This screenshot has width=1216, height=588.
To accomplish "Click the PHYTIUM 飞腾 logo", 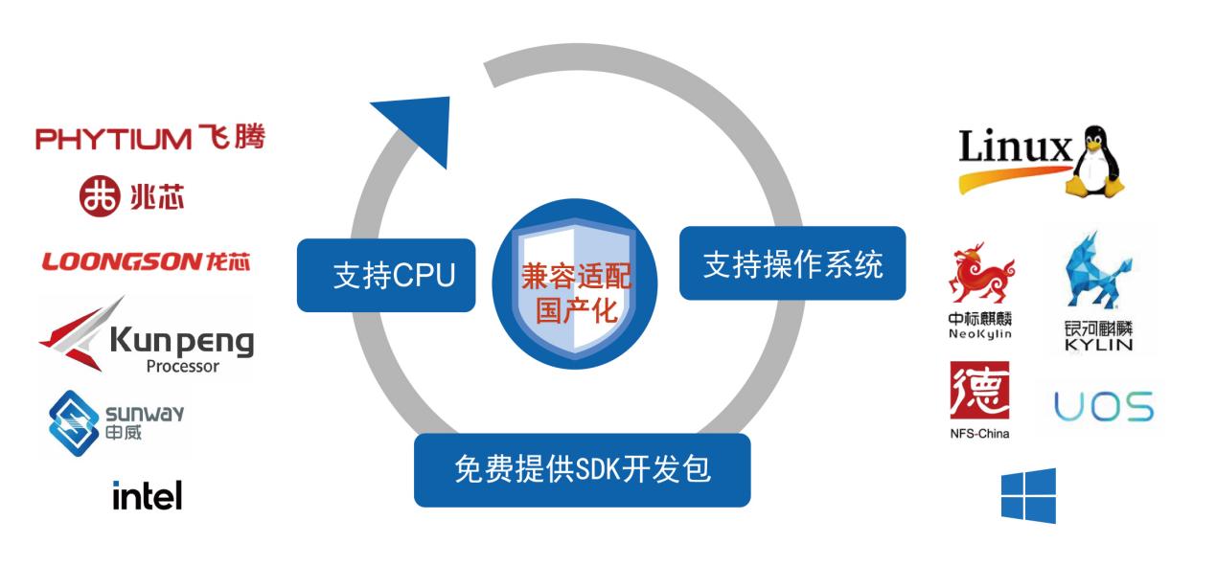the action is (150, 138).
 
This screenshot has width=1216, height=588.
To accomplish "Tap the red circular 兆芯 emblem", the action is (99, 195).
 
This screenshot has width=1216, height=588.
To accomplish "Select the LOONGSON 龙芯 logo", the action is (146, 261).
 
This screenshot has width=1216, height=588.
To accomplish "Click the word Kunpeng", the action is (182, 341).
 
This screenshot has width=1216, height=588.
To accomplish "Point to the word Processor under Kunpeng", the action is (182, 367).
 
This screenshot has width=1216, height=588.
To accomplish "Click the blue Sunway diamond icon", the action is (74, 423).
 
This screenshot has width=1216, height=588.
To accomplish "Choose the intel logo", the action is (148, 495).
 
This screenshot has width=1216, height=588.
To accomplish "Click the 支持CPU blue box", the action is (386, 275).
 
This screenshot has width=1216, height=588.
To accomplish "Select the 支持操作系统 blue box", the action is (792, 263).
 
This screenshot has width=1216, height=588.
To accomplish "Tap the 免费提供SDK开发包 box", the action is (582, 470).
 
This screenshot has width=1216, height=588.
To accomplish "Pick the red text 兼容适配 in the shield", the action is (576, 277).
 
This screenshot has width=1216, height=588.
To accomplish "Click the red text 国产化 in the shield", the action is (577, 311).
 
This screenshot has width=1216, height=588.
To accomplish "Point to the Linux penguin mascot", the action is (1094, 161).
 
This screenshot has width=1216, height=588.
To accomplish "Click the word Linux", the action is (1015, 147).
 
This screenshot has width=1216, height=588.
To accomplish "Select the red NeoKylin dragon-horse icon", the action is (981, 272).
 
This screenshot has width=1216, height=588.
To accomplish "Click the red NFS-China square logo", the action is (980, 390).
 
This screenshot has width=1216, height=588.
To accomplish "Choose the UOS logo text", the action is (1104, 407).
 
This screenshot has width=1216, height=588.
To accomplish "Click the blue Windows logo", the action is (1029, 496).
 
